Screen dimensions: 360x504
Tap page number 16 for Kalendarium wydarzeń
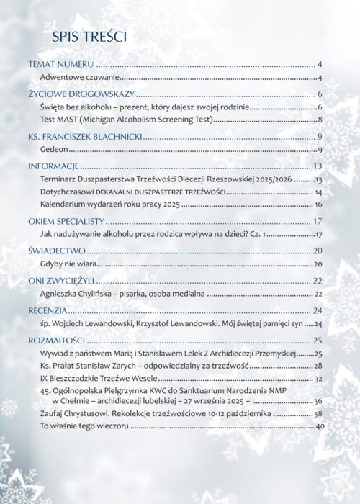(x=318, y=205)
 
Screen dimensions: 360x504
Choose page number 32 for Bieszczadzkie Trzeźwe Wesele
(x=318, y=378)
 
